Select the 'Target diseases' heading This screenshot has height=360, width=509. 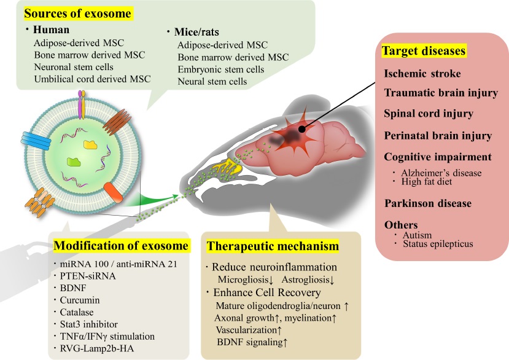pyautogui.click(x=424, y=52)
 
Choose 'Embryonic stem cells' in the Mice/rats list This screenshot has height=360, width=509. pyautogui.click(x=220, y=69)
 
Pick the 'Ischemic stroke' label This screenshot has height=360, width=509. pyautogui.click(x=423, y=74)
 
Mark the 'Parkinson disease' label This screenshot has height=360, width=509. pyautogui.click(x=427, y=203)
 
